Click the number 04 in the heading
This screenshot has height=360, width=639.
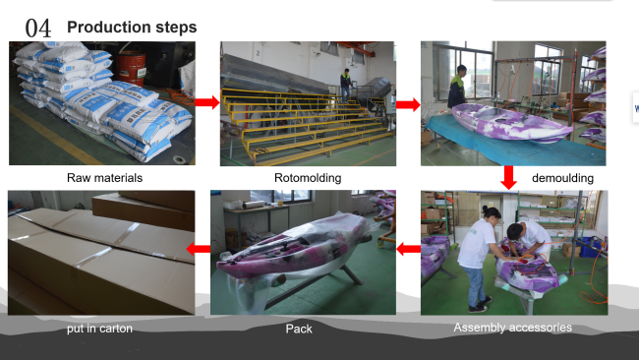click(x=38, y=29)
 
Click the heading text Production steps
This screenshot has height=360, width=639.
click(x=132, y=27)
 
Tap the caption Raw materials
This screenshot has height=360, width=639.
click(x=105, y=178)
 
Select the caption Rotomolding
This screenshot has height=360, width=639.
click(x=308, y=178)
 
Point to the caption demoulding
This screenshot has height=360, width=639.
click(x=562, y=178)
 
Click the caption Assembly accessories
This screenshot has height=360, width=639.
click(x=512, y=328)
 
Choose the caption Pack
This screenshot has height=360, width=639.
click(x=299, y=329)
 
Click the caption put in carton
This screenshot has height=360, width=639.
click(x=99, y=329)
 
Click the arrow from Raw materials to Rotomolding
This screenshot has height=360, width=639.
click(x=207, y=102)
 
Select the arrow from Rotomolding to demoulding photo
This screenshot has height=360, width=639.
click(x=408, y=104)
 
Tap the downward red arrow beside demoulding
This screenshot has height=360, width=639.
click(x=508, y=177)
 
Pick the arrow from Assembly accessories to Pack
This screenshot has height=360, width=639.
click(x=408, y=249)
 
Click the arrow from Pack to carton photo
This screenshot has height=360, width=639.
click(x=199, y=248)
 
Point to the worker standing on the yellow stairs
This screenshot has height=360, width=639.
click(x=346, y=86)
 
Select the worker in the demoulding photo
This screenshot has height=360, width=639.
click(x=457, y=87)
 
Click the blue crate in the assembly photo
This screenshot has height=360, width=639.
click(x=590, y=247)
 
